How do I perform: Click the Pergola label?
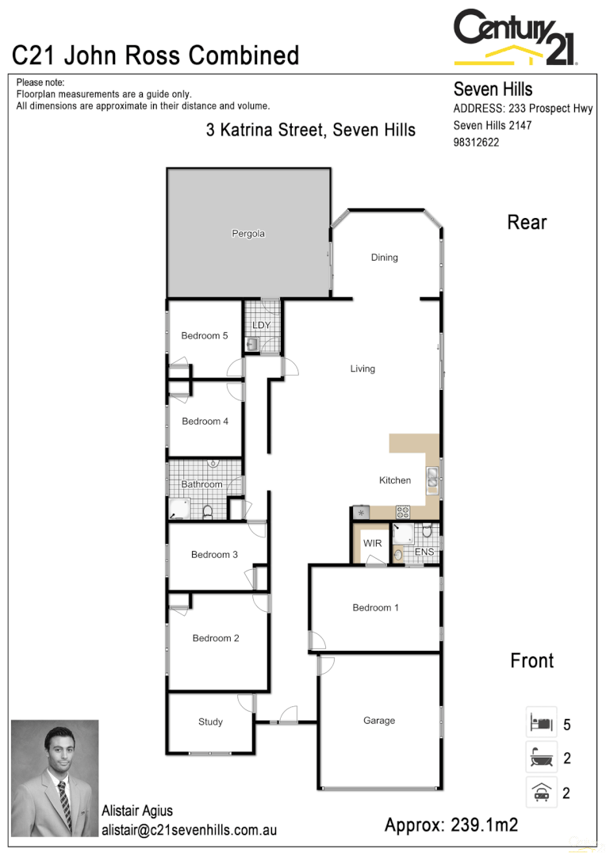click(247, 234)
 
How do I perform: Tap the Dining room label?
click(384, 258)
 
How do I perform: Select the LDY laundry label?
click(261, 326)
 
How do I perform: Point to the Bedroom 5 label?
click(204, 336)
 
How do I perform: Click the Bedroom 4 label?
click(205, 422)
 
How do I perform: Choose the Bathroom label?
click(201, 484)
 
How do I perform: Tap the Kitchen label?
click(394, 480)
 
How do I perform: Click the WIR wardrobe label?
click(372, 544)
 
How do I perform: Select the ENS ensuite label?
click(424, 552)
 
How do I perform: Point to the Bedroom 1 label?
click(375, 608)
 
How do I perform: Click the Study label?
click(210, 722)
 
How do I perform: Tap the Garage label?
click(379, 721)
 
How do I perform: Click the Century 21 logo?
click(515, 38)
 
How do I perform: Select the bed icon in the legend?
click(541, 724)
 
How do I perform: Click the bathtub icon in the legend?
click(541, 759)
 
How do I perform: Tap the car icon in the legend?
click(541, 793)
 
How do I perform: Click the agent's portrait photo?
click(55, 780)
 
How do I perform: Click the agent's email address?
click(189, 830)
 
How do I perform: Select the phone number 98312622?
click(476, 143)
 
